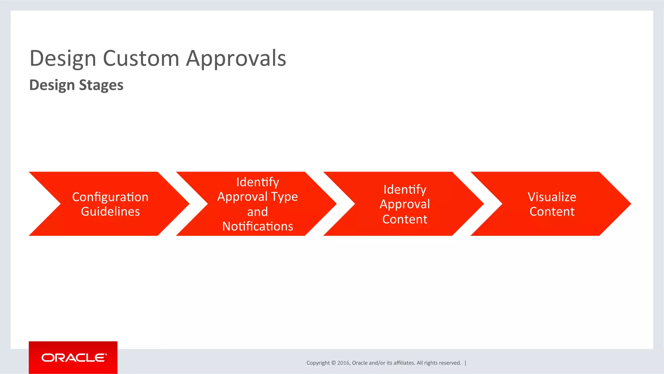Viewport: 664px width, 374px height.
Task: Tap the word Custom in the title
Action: click(141, 59)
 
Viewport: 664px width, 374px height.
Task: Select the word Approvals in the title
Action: click(236, 59)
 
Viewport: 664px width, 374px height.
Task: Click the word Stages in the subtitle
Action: click(101, 85)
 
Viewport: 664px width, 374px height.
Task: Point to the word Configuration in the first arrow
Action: click(110, 197)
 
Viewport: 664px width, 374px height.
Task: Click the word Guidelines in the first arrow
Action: click(110, 211)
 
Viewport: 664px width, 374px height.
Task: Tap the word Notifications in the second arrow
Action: click(257, 226)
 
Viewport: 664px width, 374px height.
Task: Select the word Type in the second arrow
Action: click(284, 197)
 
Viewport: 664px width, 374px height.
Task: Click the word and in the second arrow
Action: click(257, 212)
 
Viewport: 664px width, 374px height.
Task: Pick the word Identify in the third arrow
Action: click(405, 189)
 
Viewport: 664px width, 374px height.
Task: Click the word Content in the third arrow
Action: click(405, 219)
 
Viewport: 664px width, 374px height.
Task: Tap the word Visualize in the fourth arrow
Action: click(552, 197)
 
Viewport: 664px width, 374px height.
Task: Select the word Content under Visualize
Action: click(552, 211)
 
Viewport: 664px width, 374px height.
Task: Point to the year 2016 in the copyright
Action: click(343, 363)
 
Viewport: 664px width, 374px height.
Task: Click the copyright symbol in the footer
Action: click(334, 363)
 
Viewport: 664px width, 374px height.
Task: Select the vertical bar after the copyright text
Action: click(466, 363)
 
